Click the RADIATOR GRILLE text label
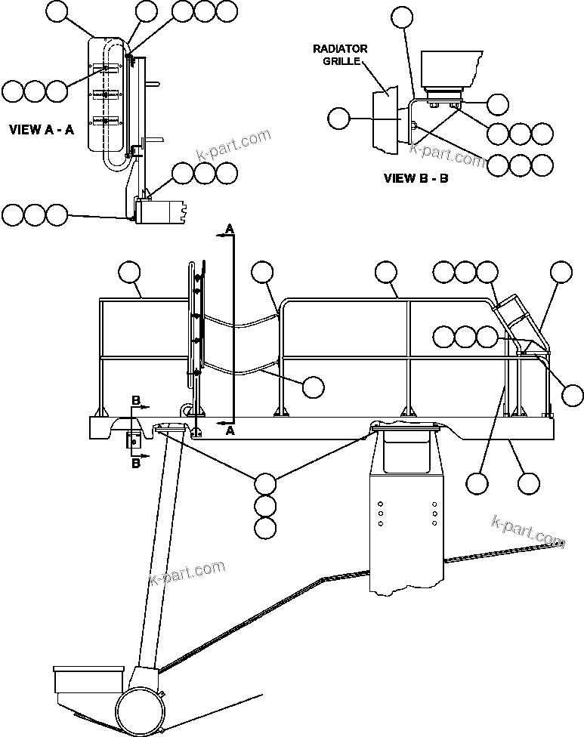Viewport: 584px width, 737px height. [x=341, y=54]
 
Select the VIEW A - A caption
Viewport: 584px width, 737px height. [x=42, y=129]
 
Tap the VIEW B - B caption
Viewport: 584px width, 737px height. [x=416, y=179]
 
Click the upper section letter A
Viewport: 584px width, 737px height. [x=230, y=227]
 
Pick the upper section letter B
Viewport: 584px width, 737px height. [x=136, y=399]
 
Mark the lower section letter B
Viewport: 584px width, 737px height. [x=136, y=464]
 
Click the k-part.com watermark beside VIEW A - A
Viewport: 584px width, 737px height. [x=233, y=146]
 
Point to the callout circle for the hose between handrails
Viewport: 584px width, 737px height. [x=313, y=387]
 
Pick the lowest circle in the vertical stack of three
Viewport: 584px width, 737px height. [x=265, y=529]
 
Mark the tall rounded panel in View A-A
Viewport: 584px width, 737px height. [x=106, y=94]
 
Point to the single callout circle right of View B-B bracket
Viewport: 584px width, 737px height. [x=498, y=104]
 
